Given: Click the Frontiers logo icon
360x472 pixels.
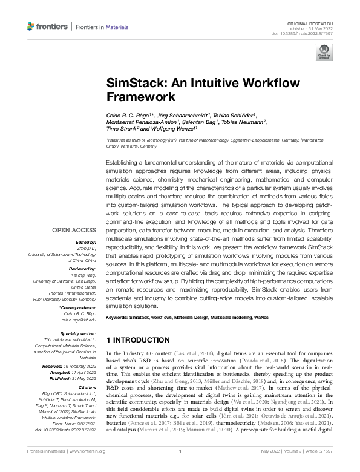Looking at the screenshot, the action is click(x=31, y=27).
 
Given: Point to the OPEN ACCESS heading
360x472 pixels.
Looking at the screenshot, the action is click(x=74, y=231).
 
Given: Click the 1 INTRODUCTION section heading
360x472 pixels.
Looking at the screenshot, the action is click(x=137, y=340).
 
